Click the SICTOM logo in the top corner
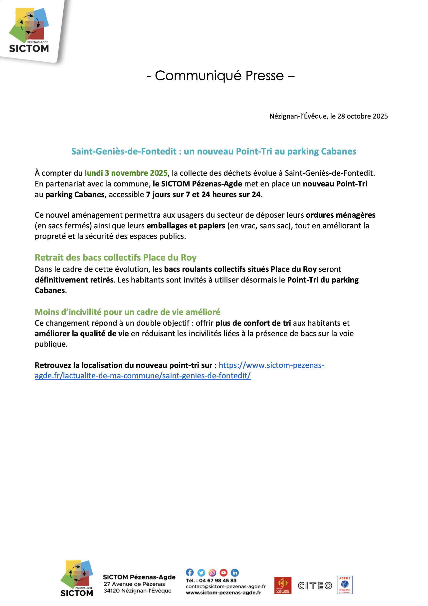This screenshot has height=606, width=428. [29, 30]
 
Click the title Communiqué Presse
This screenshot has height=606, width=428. [220, 76]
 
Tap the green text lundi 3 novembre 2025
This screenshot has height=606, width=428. [126, 173]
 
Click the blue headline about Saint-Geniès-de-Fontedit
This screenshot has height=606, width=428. [214, 151]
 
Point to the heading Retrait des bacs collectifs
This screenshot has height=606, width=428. [115, 257]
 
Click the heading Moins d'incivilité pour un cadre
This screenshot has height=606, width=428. [127, 312]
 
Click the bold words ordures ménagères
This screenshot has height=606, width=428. [340, 215]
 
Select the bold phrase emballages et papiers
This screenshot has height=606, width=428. [186, 226]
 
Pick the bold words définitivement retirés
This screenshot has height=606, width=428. [74, 280]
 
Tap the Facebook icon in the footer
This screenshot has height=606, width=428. [190, 572]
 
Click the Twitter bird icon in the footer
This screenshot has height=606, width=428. [201, 573]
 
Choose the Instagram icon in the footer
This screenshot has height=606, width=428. [212, 573]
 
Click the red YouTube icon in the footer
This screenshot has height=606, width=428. [224, 573]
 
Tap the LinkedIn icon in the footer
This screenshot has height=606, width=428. [235, 573]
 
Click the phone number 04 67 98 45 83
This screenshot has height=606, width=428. [217, 580]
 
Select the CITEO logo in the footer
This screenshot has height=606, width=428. [314, 586]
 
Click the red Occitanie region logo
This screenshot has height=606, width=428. [282, 585]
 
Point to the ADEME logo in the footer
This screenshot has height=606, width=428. [345, 585]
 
